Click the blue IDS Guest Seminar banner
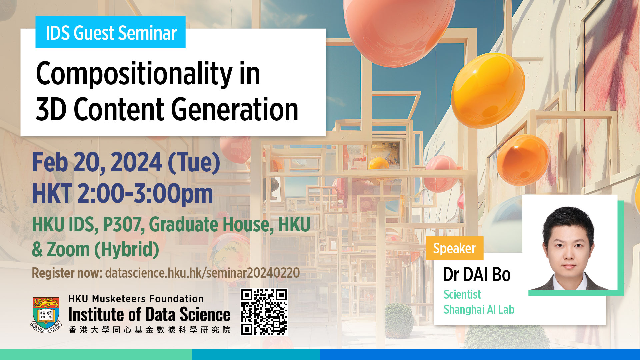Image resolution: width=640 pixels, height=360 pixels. [x=110, y=32]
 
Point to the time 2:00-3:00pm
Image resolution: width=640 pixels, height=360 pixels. [x=145, y=194]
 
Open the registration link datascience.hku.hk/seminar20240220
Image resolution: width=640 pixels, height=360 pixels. [x=202, y=273]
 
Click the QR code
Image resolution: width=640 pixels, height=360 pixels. [x=264, y=312]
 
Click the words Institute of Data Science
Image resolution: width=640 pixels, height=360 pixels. [x=149, y=314]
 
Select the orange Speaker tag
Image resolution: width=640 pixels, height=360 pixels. [x=454, y=248]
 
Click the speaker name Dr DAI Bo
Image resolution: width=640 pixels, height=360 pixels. [x=477, y=275]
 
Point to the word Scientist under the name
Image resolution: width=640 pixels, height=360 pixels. [x=462, y=295]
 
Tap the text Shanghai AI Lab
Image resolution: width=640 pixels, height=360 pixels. [x=479, y=310]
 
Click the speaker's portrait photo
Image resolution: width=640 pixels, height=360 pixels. [x=570, y=242]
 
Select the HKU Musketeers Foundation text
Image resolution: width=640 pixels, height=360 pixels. [x=136, y=299]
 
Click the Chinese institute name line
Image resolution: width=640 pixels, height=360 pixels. [x=149, y=330]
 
